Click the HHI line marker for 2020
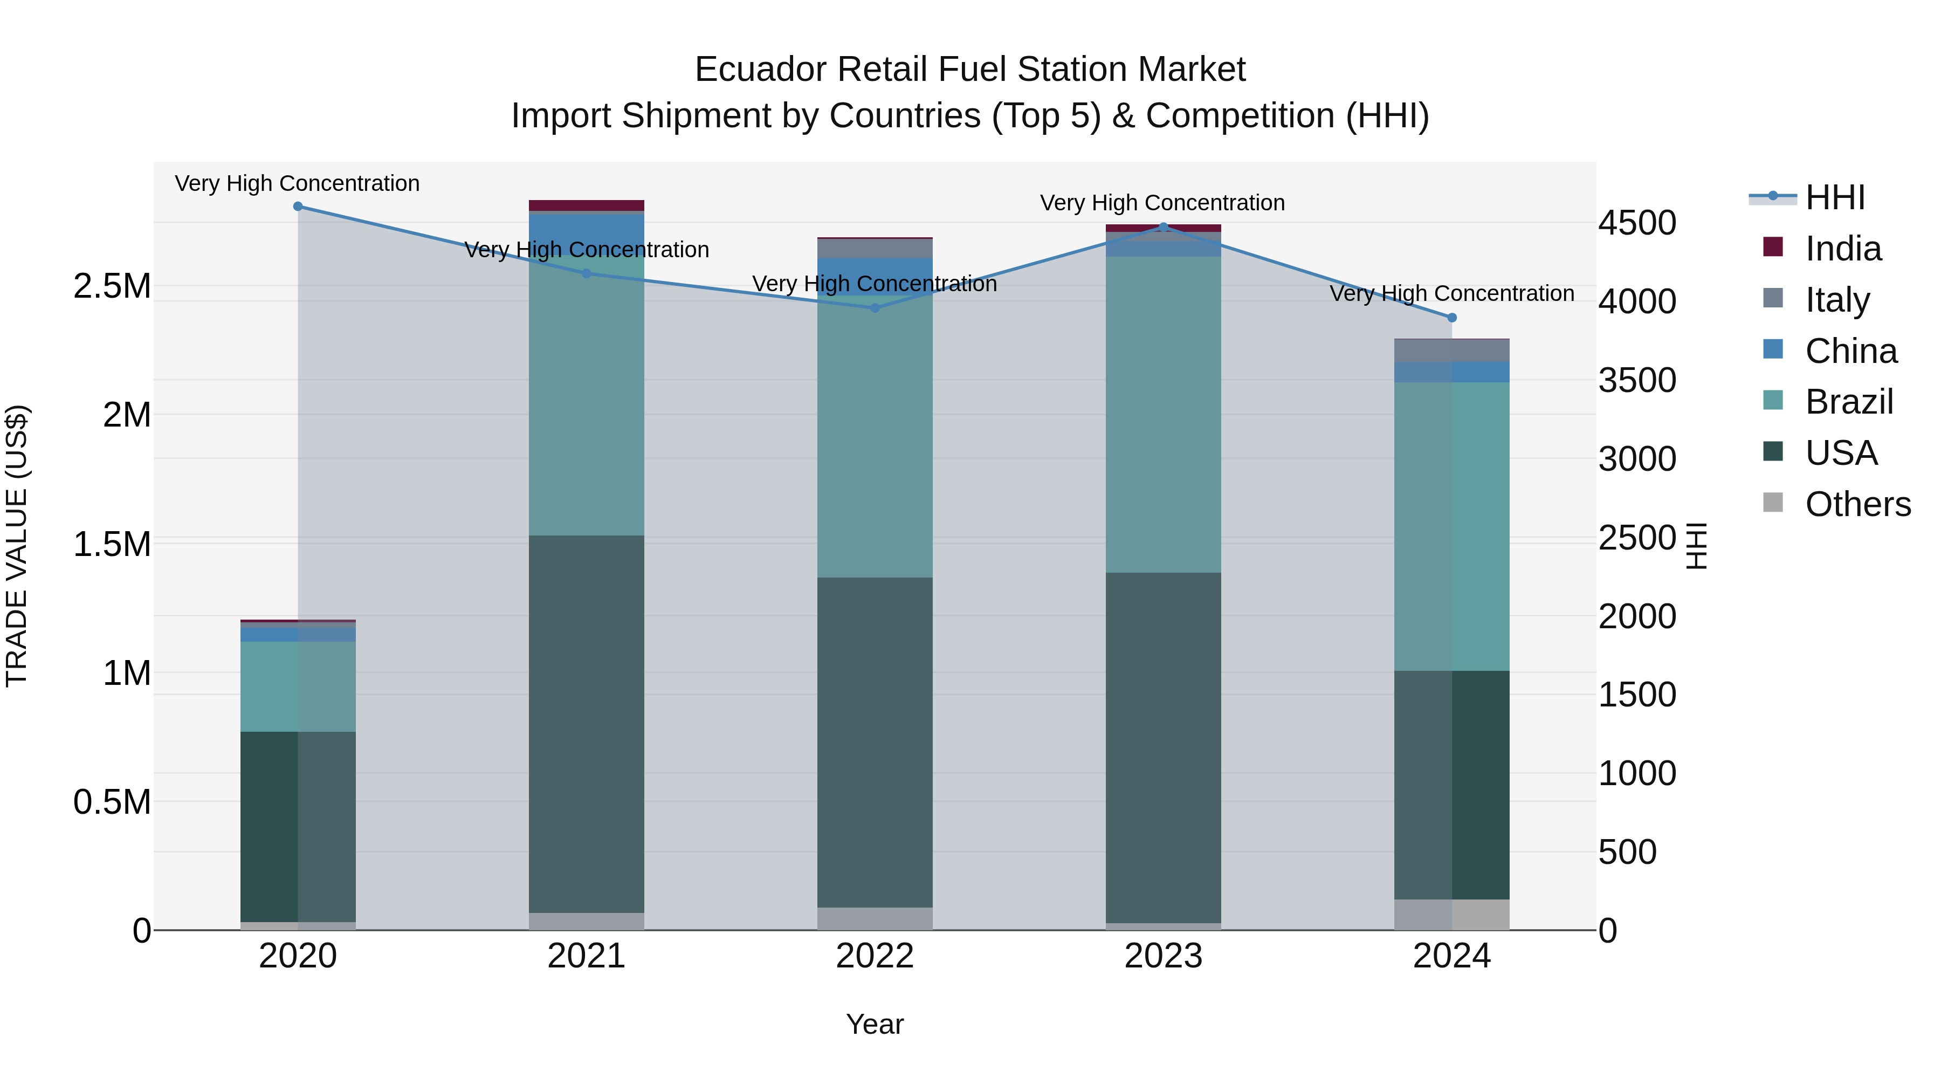coord(298,207)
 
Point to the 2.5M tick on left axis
coord(112,286)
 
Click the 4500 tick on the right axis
coord(1636,223)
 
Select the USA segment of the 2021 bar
coord(586,724)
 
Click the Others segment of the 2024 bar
coord(1452,914)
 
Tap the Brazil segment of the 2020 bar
coord(298,686)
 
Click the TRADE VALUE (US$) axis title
coord(17,546)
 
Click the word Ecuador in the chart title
coord(760,70)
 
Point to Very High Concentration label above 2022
coord(874,284)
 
